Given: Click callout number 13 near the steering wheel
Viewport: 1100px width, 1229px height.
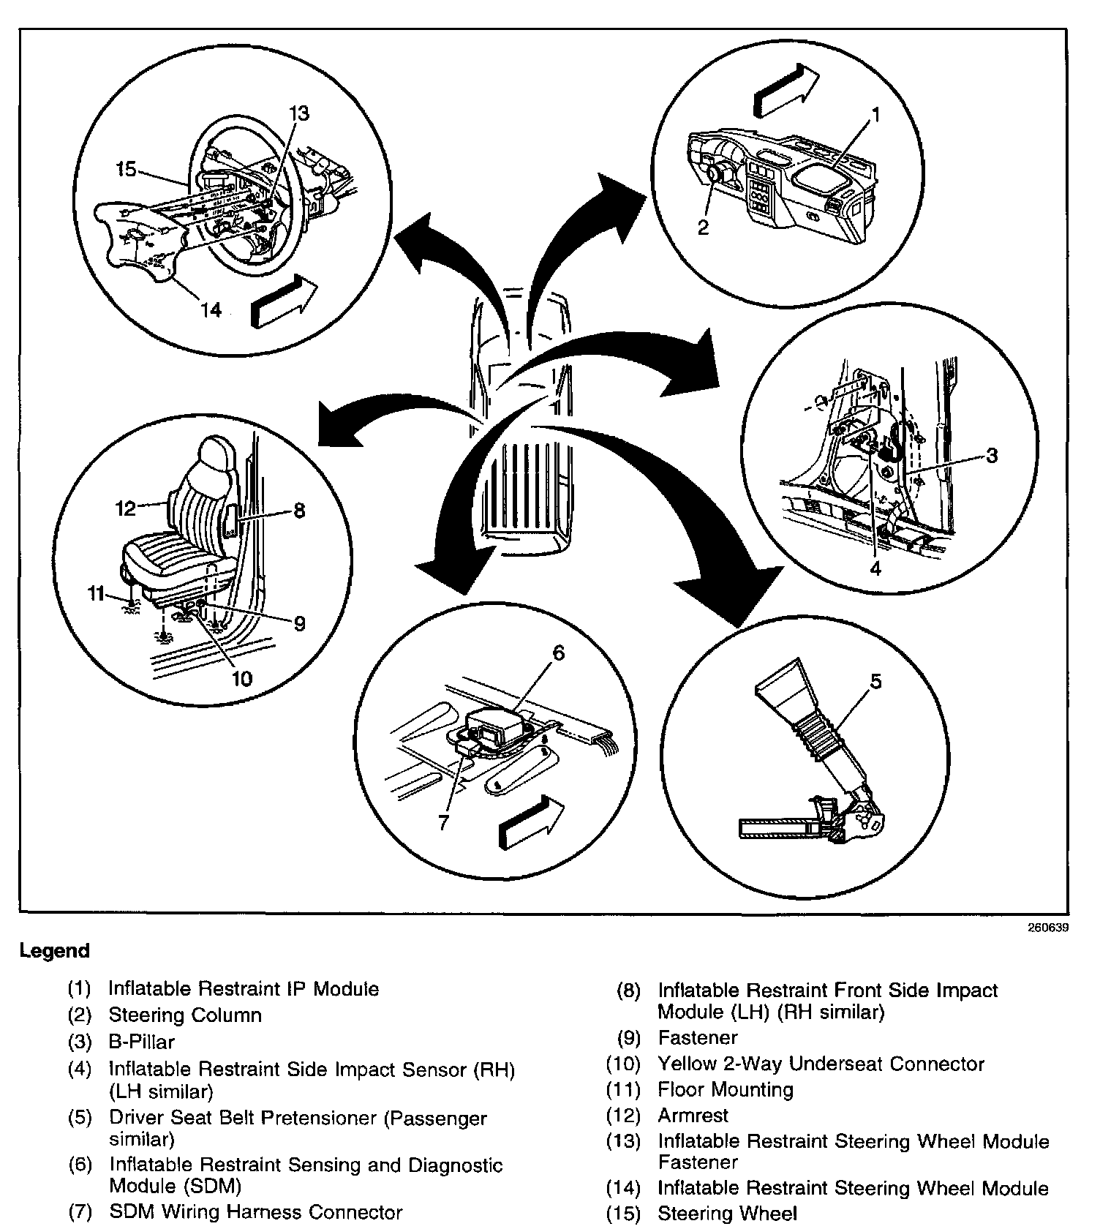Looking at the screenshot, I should coord(298,113).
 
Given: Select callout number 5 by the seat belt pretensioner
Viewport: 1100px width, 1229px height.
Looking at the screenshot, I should coord(875,681).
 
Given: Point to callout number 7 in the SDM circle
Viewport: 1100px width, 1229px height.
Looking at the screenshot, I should coord(443,822).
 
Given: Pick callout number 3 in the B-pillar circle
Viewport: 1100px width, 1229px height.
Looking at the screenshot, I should coord(991,456).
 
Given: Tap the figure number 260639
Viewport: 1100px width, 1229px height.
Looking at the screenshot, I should coord(1047,928).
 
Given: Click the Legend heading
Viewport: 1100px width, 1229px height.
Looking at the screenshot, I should coord(54,951).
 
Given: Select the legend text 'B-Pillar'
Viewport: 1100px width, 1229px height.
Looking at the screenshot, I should coord(142,1041).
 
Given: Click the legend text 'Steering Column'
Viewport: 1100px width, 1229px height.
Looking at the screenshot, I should coord(185,1015).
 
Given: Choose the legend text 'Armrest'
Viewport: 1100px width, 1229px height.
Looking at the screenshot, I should coord(693,1116).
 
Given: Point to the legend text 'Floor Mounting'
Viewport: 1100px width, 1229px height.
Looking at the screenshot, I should coord(726,1089).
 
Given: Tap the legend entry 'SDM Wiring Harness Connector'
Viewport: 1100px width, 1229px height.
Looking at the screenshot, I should coord(256,1212).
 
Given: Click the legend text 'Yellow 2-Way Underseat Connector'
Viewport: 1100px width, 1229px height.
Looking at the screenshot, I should coord(821,1064).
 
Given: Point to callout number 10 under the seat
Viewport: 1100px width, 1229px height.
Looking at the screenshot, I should coord(241,678).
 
